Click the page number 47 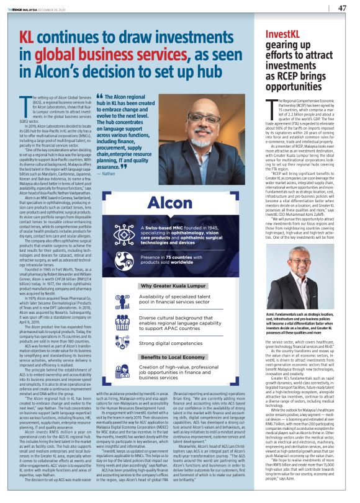click(x=342, y=8)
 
